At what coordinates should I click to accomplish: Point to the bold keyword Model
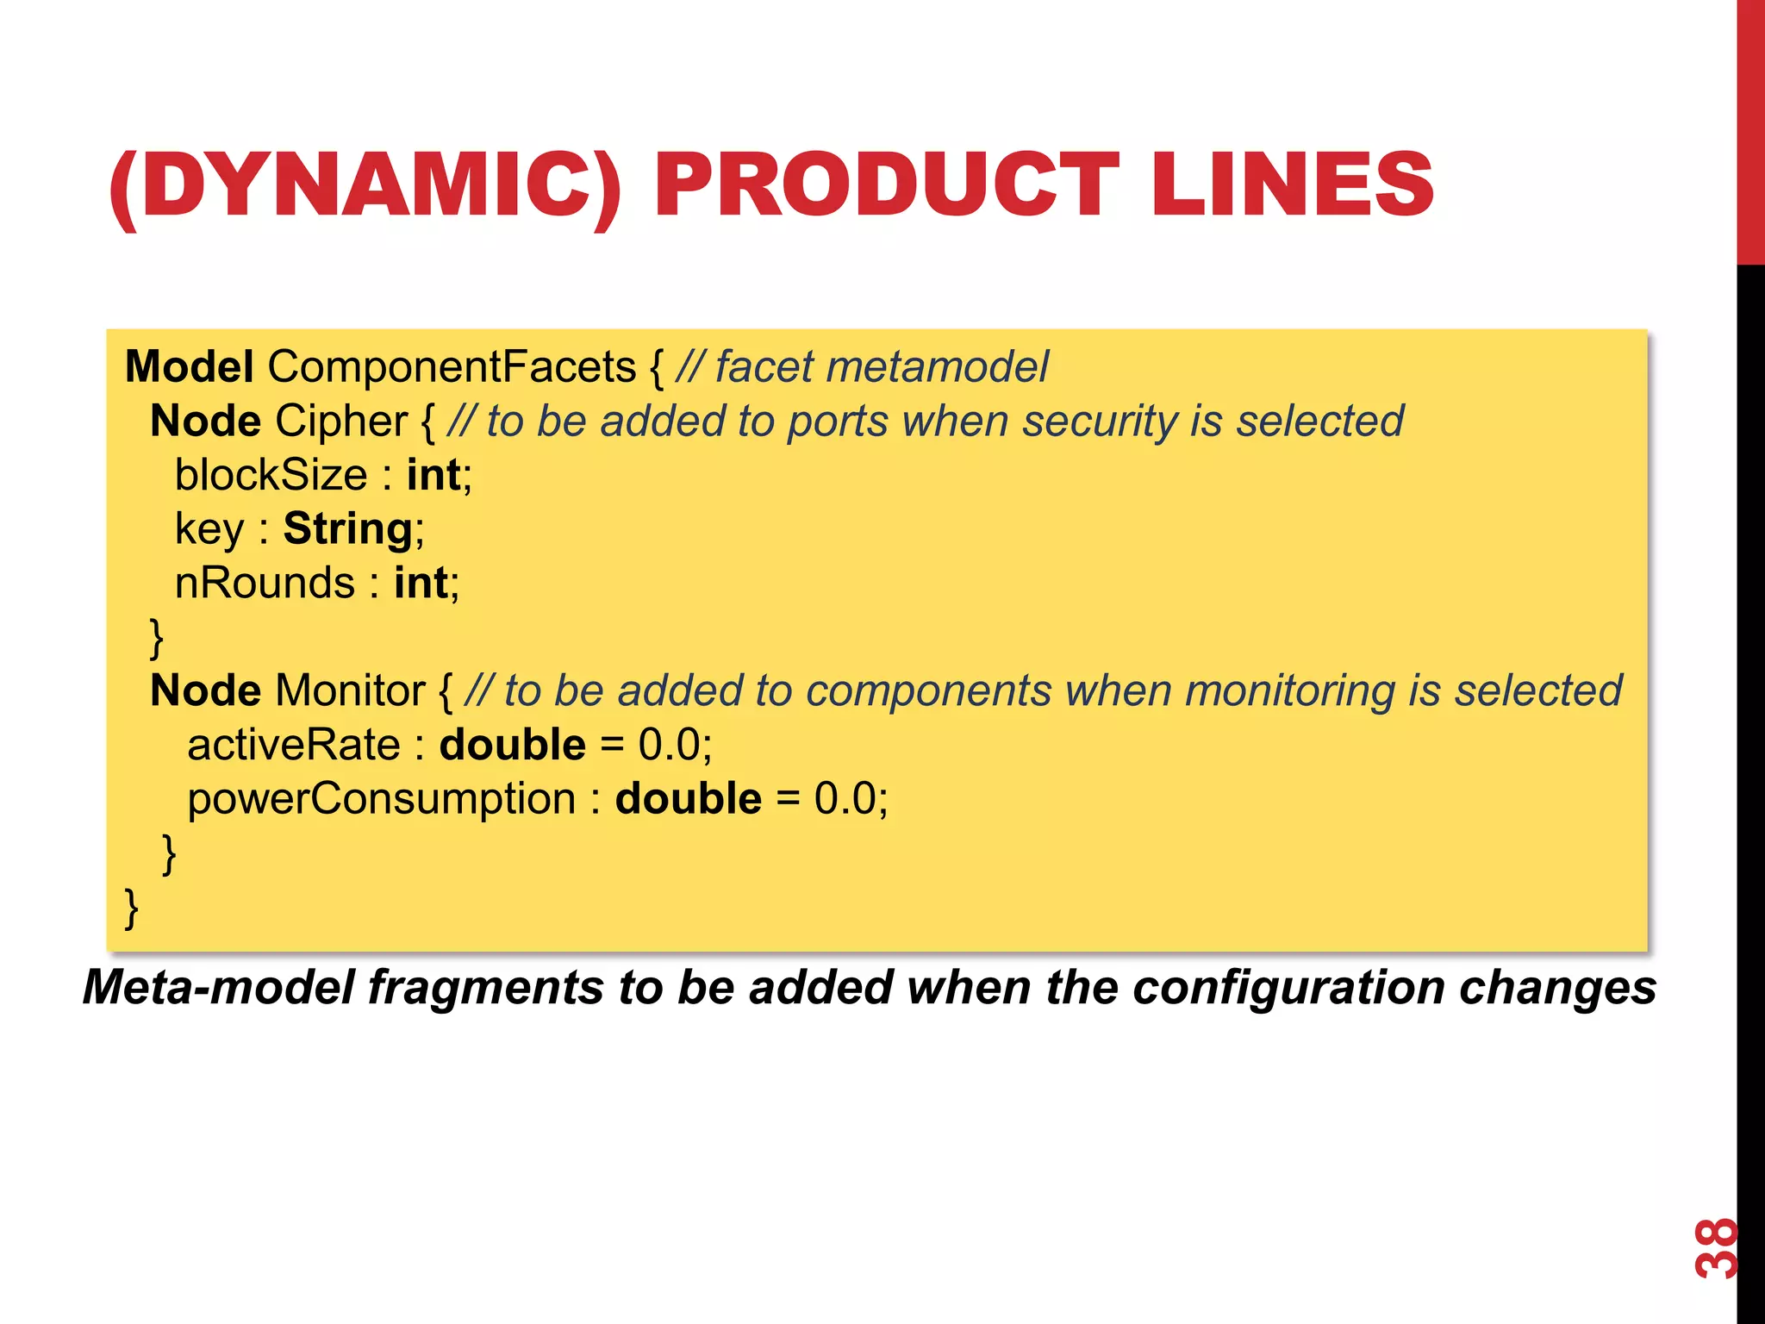(x=189, y=367)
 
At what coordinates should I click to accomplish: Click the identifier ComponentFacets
(x=452, y=367)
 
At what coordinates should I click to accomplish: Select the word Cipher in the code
(x=341, y=422)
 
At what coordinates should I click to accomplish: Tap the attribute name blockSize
(x=271, y=475)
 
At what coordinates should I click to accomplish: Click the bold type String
(x=348, y=529)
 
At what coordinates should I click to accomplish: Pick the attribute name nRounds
(x=265, y=584)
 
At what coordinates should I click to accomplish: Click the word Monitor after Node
(x=350, y=691)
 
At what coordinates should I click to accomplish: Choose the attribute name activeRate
(x=294, y=745)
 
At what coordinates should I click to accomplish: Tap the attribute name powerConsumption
(x=382, y=799)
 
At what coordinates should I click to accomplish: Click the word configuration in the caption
(x=1288, y=988)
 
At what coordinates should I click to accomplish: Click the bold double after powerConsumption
(x=688, y=799)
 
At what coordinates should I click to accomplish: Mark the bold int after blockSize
(x=434, y=475)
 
